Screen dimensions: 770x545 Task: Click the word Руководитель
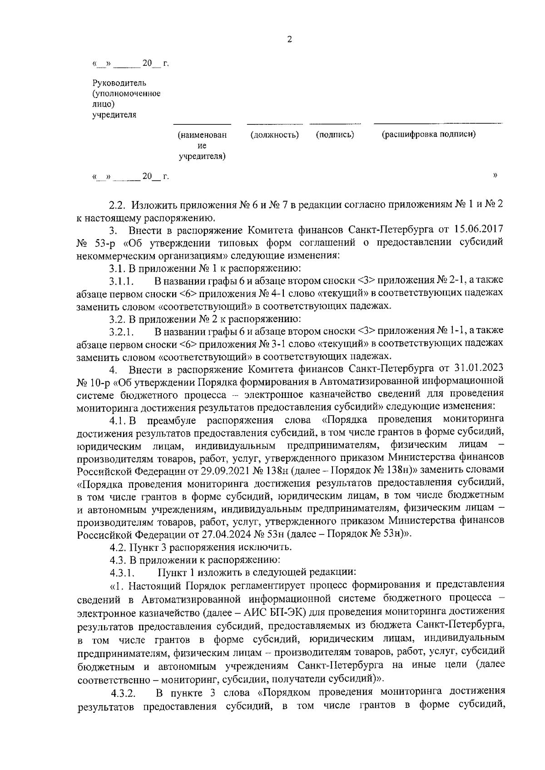click(119, 83)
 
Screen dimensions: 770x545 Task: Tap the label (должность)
click(275, 134)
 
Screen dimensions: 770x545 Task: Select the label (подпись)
click(335, 134)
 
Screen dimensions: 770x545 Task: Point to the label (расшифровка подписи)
click(429, 134)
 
